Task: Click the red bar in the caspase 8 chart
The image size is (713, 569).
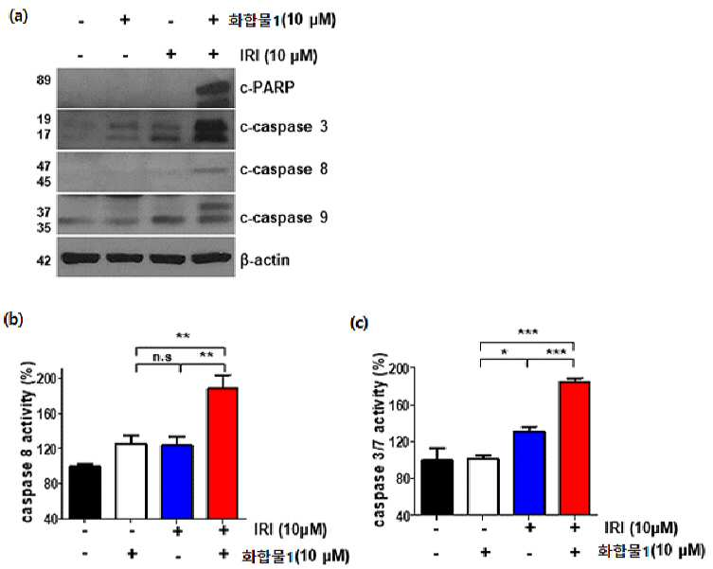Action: pos(223,453)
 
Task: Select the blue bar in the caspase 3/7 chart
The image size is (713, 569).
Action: pos(529,473)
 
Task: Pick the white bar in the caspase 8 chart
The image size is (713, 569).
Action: pos(131,481)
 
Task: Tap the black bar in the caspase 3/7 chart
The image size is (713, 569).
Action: pos(437,488)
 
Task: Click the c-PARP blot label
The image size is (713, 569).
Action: pos(267,87)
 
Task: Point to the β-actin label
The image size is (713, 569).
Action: pos(264,260)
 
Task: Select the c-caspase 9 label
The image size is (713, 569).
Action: pos(284,218)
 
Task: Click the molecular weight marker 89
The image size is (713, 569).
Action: pos(44,80)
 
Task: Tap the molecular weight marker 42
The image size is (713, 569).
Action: pos(44,260)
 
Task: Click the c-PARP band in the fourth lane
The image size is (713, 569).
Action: pos(213,88)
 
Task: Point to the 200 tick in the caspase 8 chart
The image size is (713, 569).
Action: pos(53,378)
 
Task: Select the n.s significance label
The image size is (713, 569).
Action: pos(162,357)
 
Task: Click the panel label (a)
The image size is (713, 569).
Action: pos(18,17)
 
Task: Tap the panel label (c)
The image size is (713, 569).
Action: pos(359,323)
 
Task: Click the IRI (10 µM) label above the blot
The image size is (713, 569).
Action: pos(278,56)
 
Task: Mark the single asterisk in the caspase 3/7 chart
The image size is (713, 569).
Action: pos(504,351)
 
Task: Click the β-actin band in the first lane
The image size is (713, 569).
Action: pos(80,258)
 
